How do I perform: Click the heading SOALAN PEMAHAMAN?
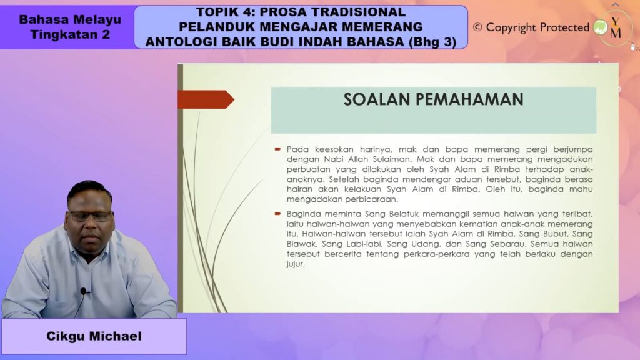click(x=433, y=99)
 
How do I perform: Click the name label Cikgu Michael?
click(x=94, y=336)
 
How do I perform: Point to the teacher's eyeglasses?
click(x=90, y=216)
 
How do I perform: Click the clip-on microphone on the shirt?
click(x=83, y=291)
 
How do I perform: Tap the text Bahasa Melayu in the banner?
click(x=70, y=19)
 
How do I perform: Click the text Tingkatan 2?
click(x=70, y=34)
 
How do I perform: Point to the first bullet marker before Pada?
click(x=278, y=149)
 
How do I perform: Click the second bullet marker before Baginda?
click(x=278, y=214)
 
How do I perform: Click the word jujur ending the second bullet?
click(x=296, y=264)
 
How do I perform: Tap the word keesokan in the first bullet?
click(x=334, y=149)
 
